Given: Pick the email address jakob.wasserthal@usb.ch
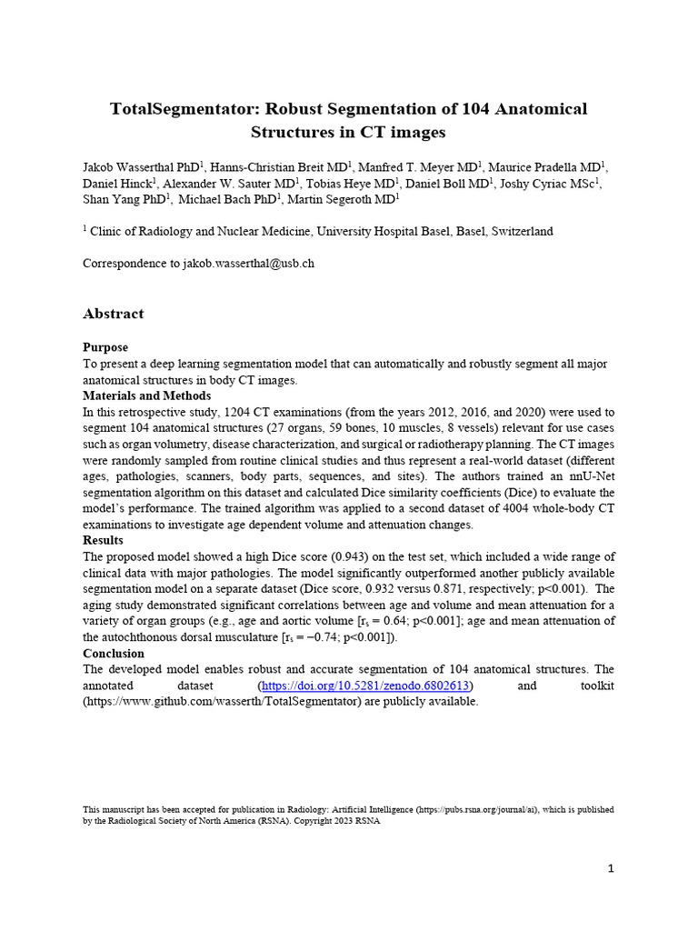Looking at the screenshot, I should click(254, 264).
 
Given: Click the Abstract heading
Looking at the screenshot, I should click(113, 314).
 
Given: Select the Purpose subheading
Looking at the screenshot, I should click(105, 347).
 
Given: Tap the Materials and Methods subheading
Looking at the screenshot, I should click(146, 395).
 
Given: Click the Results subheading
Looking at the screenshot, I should click(103, 540).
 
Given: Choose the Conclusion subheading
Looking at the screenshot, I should click(114, 653).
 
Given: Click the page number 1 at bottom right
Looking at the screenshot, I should click(611, 868).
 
